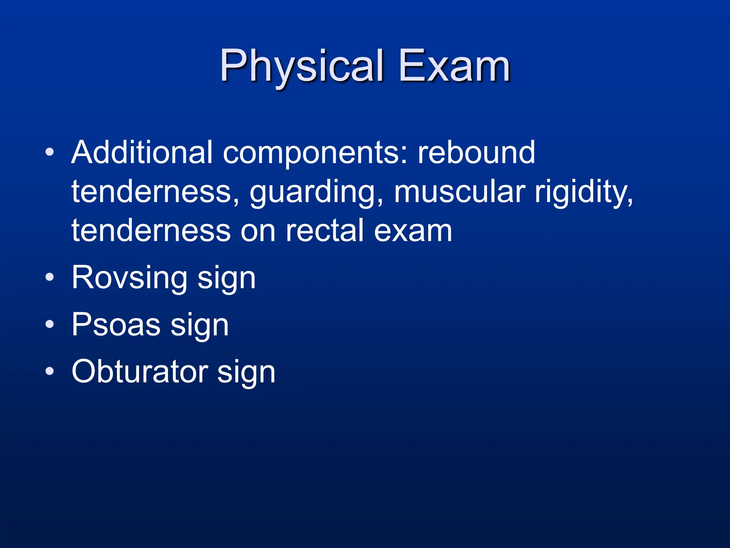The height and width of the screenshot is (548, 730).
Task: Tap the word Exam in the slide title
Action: tap(454, 66)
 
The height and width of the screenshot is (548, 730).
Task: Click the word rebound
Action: tap(476, 152)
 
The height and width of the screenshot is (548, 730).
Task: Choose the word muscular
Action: tap(459, 192)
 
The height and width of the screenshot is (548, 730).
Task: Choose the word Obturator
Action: tap(140, 372)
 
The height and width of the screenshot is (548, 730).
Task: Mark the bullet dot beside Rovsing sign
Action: tap(50, 277)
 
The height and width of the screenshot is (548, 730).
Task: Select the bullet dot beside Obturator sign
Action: tap(50, 371)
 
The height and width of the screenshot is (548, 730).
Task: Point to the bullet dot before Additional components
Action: tap(50, 152)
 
